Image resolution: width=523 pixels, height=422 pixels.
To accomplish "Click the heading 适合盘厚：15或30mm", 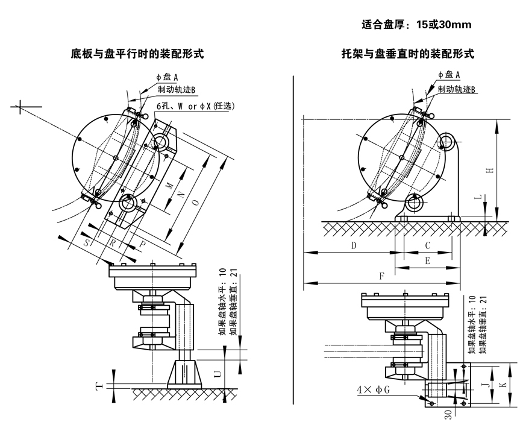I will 416,25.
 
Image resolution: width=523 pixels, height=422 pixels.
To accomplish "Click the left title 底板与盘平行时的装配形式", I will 137,54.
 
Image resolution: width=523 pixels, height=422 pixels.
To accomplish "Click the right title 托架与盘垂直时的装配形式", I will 407,54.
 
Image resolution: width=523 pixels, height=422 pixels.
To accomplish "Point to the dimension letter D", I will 354,246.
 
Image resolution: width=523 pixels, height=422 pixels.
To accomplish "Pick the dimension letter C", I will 427,246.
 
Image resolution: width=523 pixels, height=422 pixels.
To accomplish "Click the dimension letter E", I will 427,261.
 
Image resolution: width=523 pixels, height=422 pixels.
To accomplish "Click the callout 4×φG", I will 373,389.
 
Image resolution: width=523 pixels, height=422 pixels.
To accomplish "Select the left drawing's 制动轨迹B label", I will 177,90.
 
